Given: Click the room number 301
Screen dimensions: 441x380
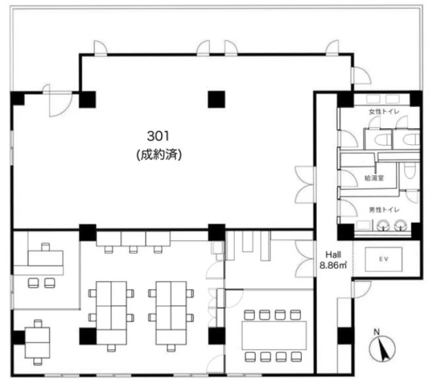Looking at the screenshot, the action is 158,137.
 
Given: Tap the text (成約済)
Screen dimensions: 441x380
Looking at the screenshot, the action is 159,155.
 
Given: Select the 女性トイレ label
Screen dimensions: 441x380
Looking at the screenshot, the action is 384,112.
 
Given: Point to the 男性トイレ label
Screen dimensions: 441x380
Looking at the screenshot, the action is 384,210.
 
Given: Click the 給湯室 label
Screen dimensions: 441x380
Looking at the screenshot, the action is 374,178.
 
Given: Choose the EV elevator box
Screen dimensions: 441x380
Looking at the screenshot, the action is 384,259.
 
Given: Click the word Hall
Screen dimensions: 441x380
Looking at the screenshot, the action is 334,254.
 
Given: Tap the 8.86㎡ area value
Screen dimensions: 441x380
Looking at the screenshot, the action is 334,265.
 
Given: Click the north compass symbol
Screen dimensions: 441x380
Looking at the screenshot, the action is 382,349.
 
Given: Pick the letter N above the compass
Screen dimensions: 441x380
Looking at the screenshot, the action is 377,332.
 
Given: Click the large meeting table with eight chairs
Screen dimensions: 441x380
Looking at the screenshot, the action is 274,335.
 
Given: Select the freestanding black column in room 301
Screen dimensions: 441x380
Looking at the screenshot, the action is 216,100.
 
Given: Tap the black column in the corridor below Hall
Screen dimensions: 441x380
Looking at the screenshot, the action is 346,336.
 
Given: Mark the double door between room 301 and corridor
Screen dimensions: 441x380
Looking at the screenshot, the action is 305,184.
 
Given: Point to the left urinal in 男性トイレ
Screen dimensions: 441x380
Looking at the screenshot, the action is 383,225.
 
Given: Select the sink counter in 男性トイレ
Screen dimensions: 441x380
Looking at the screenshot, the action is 363,226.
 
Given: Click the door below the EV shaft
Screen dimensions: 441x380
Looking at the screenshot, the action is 362,290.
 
